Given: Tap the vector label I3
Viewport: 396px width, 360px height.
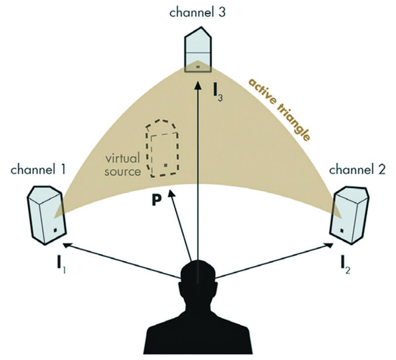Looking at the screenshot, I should pyautogui.click(x=216, y=91).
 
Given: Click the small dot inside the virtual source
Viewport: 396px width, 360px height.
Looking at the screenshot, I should pyautogui.click(x=166, y=164).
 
